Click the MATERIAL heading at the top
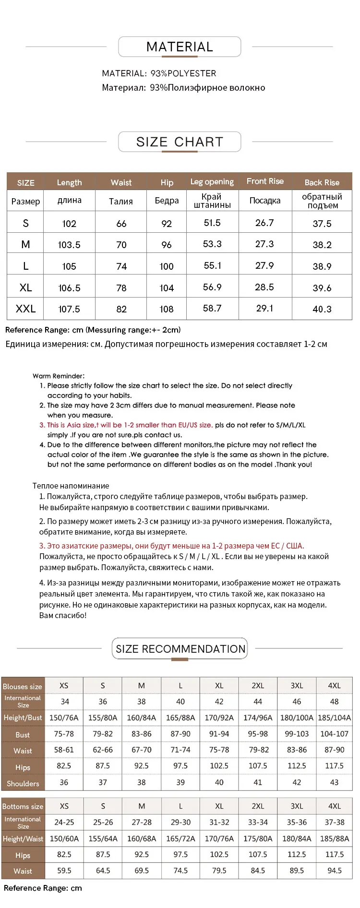click(180, 47)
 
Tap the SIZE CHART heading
click(180, 142)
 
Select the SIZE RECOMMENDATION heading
click(180, 649)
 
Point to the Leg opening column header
click(212, 182)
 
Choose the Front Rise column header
click(265, 181)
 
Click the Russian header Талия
click(121, 201)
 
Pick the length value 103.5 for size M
click(69, 245)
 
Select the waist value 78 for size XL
click(121, 288)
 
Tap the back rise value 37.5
click(322, 224)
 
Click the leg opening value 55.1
click(212, 265)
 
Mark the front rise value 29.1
click(264, 308)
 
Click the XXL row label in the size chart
click(25, 309)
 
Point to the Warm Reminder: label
click(59, 376)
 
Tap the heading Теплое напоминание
click(71, 486)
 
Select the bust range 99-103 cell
click(297, 734)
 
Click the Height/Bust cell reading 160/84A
click(142, 718)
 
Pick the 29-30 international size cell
click(180, 822)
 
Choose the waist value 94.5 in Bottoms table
click(334, 870)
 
